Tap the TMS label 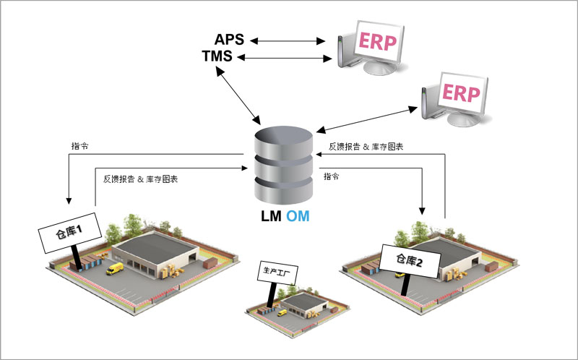217,56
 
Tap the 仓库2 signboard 410,261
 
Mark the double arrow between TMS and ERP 283,57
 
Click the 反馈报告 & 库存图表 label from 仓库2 366,146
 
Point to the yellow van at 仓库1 115,269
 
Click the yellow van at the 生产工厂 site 282,312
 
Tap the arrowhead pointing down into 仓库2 420,213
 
